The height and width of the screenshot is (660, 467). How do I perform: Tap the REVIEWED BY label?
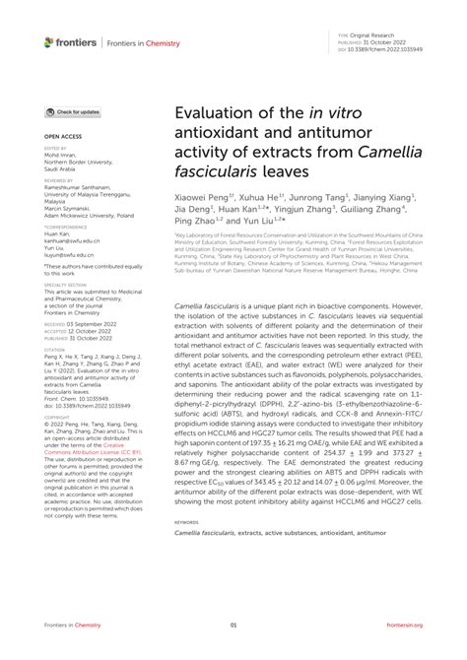[x=58, y=181]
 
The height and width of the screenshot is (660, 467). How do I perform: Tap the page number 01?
[x=233, y=625]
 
